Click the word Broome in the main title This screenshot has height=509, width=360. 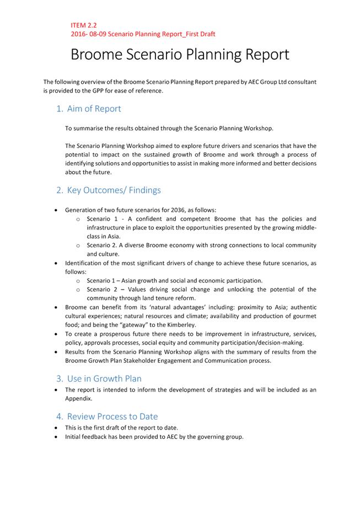coord(101,55)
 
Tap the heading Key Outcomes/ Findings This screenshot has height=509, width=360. coord(114,190)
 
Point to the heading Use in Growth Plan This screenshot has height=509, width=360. coord(104,378)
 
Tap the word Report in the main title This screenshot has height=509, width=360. coord(258,55)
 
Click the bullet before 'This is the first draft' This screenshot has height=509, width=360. coord(57,428)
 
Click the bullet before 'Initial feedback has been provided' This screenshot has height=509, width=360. coord(57,437)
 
